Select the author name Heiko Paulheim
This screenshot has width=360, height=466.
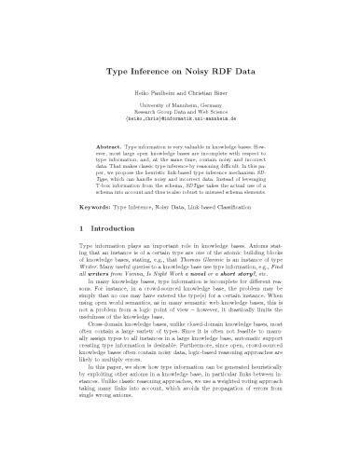click(x=153, y=95)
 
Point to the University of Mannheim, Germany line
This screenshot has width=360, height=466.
click(x=179, y=108)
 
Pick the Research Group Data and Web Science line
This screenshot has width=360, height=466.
click(x=179, y=116)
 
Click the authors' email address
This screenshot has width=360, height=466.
click(x=179, y=123)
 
